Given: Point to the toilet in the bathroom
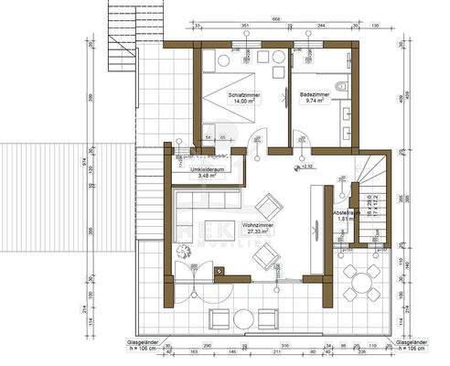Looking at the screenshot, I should click(339, 87).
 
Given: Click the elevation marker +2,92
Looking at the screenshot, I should click(307, 167).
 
